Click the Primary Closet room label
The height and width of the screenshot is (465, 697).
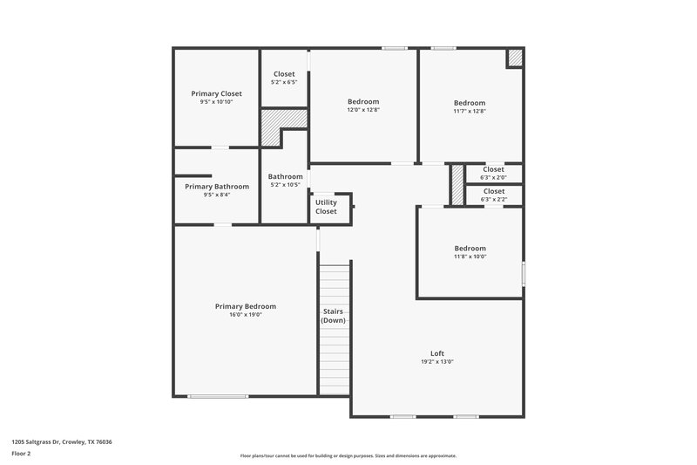[x=216, y=93]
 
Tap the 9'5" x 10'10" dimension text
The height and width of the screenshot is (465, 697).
[x=216, y=102]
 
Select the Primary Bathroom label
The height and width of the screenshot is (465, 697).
[x=216, y=186]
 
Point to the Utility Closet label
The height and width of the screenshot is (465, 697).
[x=326, y=208]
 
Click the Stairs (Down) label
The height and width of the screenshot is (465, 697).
[x=333, y=315]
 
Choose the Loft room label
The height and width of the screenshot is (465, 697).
[x=437, y=353]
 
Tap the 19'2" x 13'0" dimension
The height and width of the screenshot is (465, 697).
[x=437, y=362]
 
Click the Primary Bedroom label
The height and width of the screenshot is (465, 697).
[x=246, y=306]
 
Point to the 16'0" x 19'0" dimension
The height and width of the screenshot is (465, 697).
[x=246, y=315]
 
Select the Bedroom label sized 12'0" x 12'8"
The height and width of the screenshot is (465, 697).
[x=363, y=101]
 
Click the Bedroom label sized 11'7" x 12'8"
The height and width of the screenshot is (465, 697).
[x=470, y=102]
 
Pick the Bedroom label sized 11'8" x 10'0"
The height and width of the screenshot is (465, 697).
[x=470, y=248]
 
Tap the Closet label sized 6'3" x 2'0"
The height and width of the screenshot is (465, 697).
[x=493, y=169]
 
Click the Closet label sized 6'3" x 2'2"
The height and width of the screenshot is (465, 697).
[x=493, y=191]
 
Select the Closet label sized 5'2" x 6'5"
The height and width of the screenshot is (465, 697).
[x=284, y=74]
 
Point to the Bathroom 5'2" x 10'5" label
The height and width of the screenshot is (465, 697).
[x=285, y=176]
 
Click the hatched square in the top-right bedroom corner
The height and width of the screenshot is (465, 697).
[x=515, y=57]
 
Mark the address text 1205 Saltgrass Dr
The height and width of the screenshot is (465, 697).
[x=61, y=441]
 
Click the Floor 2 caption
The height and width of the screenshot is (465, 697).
[x=21, y=454]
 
